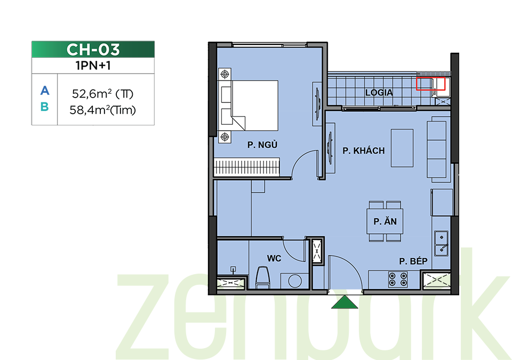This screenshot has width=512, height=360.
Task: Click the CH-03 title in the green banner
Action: tap(93, 50)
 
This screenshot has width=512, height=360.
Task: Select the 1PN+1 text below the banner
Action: tap(93, 66)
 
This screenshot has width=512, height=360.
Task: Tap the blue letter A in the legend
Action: tap(45, 91)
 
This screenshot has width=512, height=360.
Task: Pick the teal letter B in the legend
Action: tap(45, 107)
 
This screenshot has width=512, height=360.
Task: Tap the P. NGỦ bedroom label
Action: tap(262, 145)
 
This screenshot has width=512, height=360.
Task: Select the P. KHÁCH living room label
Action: tap(363, 150)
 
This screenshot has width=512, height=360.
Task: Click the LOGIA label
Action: tap(379, 93)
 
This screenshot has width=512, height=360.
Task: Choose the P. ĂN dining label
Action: tap(385, 221)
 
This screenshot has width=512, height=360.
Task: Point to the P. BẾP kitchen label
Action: tap(413, 261)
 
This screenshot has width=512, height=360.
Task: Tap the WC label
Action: tap(274, 259)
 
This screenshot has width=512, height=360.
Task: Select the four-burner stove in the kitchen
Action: tap(398, 279)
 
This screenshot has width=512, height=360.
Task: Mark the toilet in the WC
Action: tap(262, 278)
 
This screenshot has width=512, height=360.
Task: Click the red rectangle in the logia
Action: tap(431, 84)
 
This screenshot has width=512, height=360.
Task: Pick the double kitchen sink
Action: tap(441, 243)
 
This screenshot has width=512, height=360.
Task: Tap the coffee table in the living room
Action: tap(402, 148)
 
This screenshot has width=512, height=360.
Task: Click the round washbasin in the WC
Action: tap(295, 281)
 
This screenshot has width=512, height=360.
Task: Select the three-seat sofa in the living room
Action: tap(437, 150)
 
